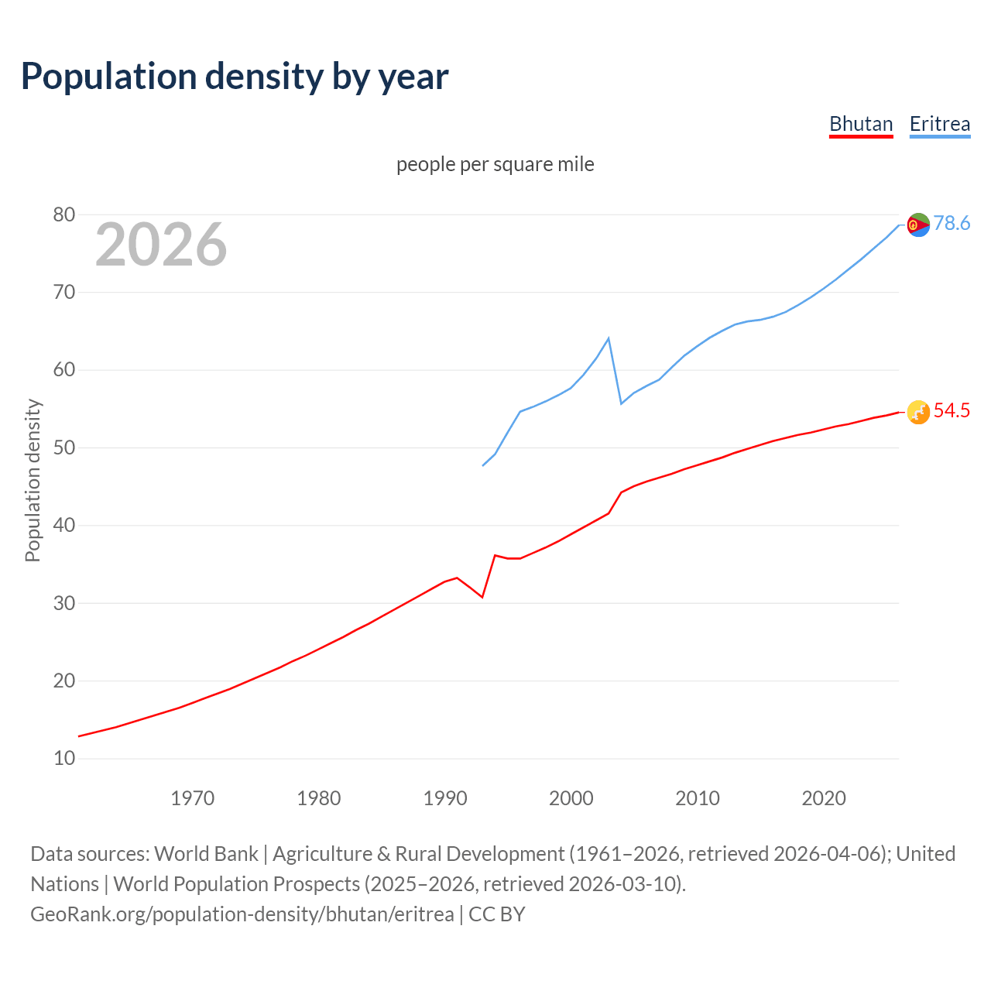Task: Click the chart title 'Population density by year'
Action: (x=235, y=76)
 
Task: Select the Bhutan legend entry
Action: (x=861, y=124)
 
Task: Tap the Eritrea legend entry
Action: (x=939, y=124)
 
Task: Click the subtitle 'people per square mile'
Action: (x=495, y=164)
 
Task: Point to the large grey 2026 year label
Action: (x=161, y=245)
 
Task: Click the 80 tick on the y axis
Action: (x=64, y=214)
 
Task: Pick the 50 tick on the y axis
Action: (x=64, y=447)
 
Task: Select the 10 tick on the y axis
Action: (x=64, y=758)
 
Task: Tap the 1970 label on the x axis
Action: (x=192, y=797)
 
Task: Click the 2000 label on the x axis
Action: (x=571, y=797)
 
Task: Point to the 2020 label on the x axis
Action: (x=823, y=797)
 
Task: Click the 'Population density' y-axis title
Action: (x=33, y=480)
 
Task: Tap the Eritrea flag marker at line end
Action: (x=918, y=225)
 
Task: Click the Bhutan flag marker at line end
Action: (x=918, y=413)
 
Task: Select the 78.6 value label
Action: (x=952, y=224)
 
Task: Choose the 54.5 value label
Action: (x=952, y=411)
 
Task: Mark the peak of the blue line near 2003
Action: (x=609, y=338)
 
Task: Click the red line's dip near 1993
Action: (x=482, y=597)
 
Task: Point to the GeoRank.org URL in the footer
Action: (x=242, y=914)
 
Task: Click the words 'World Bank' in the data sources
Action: (x=206, y=854)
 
